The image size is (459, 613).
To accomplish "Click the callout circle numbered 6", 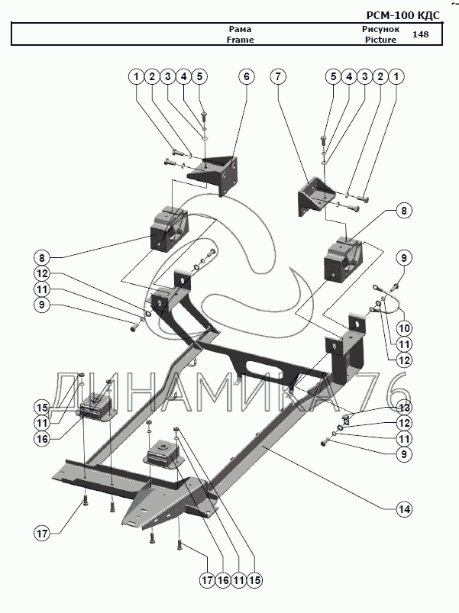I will click(246, 76).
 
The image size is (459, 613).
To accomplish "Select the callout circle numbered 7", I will click(279, 76).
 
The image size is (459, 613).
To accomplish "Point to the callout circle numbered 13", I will click(404, 407).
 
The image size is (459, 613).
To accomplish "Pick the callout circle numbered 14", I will click(404, 508).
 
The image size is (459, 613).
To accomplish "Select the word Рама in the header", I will click(240, 29).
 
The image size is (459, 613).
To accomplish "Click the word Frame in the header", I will click(240, 40).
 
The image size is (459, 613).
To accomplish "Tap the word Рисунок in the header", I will click(380, 29).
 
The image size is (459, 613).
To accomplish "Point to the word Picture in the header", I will click(380, 40).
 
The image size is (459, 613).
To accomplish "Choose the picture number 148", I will click(420, 34).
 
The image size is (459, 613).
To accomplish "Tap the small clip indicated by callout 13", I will click(346, 417).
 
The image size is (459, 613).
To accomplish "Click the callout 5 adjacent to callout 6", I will click(200, 76).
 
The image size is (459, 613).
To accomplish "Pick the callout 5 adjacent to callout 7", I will click(332, 76).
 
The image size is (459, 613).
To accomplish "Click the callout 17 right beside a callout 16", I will click(205, 580).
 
